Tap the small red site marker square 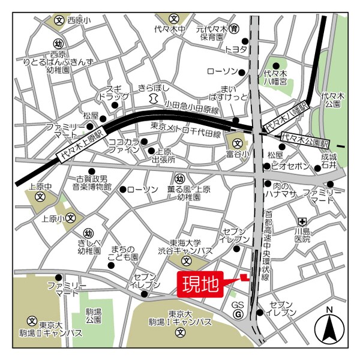tap(244, 277)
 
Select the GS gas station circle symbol tap(238, 314)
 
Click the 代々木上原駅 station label tap(82, 145)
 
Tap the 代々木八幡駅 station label tap(286, 119)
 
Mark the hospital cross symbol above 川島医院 tap(305, 220)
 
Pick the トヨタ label tap(236, 49)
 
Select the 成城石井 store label tap(328, 161)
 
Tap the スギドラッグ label tap(113, 92)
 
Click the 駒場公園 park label tap(94, 316)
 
